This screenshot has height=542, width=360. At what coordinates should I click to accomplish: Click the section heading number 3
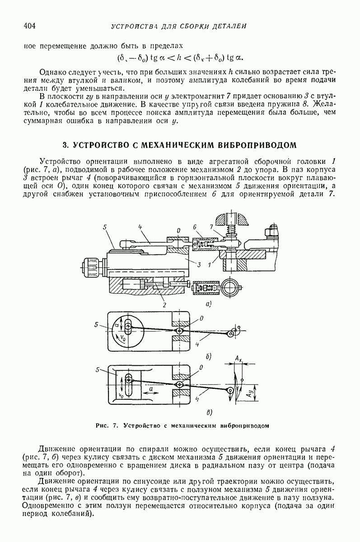coord(65,145)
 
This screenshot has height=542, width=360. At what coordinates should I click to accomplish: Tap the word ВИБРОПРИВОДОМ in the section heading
coord(257,145)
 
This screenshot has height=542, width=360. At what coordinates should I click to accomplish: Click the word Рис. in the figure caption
coord(102,425)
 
